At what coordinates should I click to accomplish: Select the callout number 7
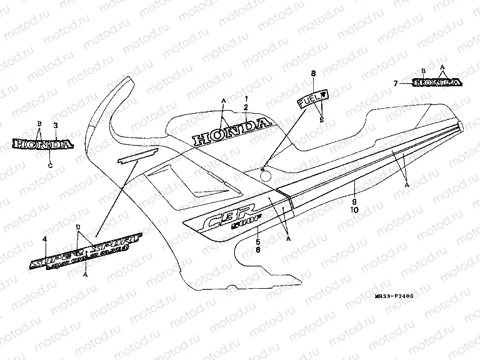(x=395, y=83)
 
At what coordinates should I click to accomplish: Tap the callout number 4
(x=44, y=239)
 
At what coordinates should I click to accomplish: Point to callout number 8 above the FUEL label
(x=313, y=74)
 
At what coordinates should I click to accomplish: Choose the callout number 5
(x=259, y=241)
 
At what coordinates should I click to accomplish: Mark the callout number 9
(x=354, y=202)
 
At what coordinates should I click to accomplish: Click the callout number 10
(x=354, y=210)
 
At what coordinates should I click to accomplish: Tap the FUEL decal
(x=314, y=99)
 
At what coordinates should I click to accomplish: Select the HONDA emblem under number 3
(x=42, y=145)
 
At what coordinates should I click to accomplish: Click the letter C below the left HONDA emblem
(x=50, y=166)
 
